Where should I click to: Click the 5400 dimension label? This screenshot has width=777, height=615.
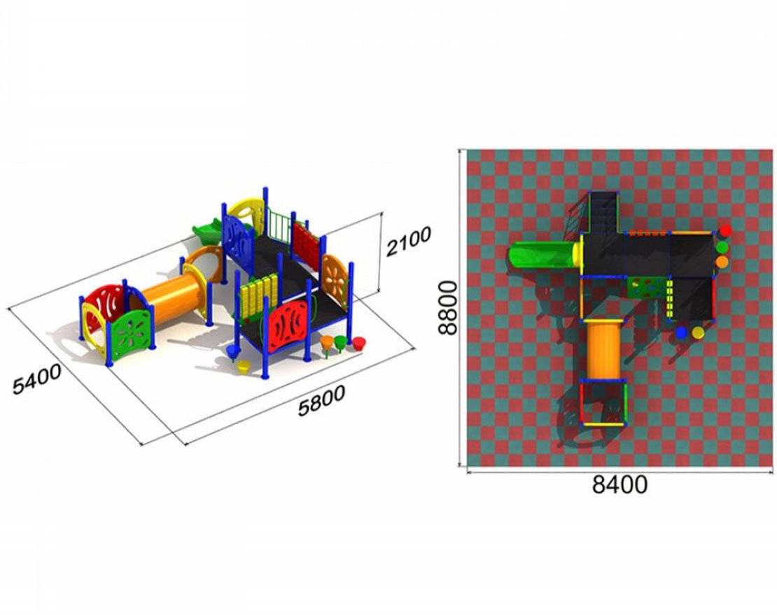[x=36, y=379]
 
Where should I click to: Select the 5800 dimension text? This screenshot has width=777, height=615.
[x=321, y=401]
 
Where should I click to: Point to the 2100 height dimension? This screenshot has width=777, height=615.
[x=408, y=241]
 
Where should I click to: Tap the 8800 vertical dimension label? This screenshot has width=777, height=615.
[x=450, y=308]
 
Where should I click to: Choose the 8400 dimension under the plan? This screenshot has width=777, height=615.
[x=619, y=485]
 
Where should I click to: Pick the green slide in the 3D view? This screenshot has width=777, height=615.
[x=207, y=231]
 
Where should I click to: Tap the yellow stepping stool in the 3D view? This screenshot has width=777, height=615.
[x=244, y=367]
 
